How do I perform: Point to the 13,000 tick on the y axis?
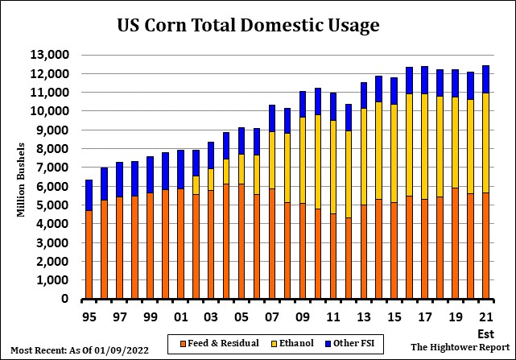51,55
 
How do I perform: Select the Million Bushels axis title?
22,179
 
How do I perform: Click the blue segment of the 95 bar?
89,195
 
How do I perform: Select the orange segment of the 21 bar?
486,246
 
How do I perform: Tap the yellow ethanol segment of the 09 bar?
303,160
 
